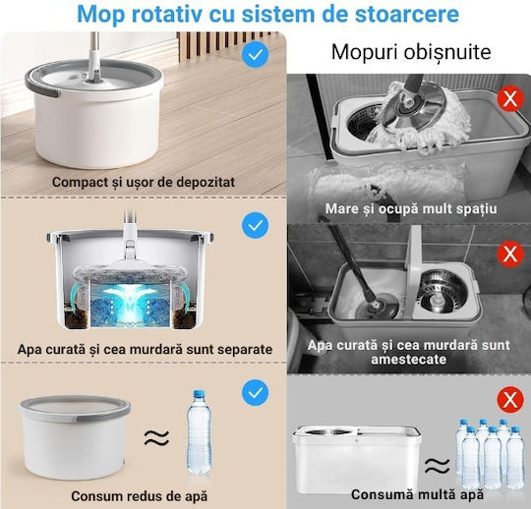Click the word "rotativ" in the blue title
(x=166, y=14)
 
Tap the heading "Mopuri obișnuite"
(x=411, y=52)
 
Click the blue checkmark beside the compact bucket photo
(x=256, y=54)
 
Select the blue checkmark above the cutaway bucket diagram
(x=256, y=225)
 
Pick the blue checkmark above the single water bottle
(x=256, y=393)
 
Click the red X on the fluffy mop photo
(x=510, y=99)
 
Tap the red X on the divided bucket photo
(x=510, y=254)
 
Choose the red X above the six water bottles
(x=510, y=400)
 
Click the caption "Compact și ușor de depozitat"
(x=144, y=182)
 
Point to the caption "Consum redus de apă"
(x=140, y=496)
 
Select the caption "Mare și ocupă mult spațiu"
(x=411, y=208)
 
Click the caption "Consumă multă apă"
(x=417, y=494)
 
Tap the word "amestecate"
(x=408, y=359)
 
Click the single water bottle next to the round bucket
(x=199, y=433)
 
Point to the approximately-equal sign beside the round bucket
(x=156, y=437)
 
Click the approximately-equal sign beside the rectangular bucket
(x=438, y=466)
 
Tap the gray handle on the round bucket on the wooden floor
(x=40, y=87)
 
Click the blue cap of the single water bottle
(x=199, y=394)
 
